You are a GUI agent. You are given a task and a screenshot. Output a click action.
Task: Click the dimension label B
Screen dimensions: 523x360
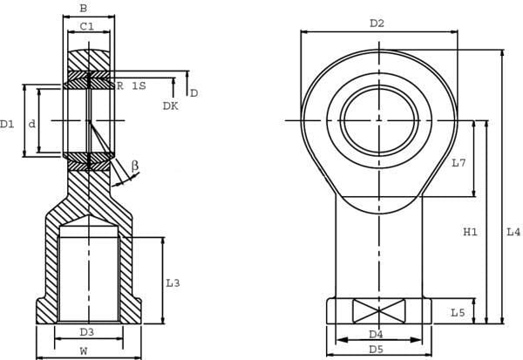(84, 9)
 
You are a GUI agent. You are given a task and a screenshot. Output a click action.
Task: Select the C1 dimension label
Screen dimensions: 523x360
(87, 26)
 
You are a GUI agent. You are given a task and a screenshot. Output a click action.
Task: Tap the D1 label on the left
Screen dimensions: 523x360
(7, 125)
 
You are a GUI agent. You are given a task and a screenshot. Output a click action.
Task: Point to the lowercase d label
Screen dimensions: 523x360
(31, 124)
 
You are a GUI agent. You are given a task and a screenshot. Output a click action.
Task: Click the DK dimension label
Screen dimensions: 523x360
(171, 106)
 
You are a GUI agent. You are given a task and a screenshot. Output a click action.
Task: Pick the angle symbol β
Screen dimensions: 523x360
(135, 166)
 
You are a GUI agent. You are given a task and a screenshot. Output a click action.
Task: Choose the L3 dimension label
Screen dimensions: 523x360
(173, 283)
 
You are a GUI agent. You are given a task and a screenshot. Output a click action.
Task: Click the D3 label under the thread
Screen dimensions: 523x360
(87, 332)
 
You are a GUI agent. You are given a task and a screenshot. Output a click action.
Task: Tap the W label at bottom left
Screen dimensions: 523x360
(84, 351)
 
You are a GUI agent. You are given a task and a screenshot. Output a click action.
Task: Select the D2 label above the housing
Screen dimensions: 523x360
(377, 24)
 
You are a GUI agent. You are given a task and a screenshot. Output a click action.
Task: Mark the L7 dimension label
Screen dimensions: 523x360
(458, 163)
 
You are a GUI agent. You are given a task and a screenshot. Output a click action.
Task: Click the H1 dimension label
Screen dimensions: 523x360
(471, 232)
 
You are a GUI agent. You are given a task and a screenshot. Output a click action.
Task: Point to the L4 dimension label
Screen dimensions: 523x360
(513, 232)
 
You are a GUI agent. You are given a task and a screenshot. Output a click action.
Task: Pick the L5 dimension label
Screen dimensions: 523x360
(458, 313)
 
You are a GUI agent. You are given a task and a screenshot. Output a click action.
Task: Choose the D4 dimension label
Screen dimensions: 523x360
(377, 334)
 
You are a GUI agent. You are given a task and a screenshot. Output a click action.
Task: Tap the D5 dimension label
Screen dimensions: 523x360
(377, 350)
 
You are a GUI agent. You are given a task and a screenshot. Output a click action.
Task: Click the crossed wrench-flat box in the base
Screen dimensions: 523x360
(379, 311)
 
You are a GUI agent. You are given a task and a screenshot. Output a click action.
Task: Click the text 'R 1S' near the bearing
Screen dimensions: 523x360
(131, 85)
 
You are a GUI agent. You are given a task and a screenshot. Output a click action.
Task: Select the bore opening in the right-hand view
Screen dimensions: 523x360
(379, 121)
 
